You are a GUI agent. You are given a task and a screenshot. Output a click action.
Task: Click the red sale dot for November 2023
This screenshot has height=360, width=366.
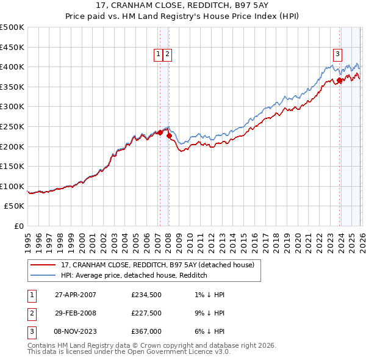[339, 80]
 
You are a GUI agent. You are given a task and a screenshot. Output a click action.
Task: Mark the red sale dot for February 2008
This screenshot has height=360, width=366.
[169, 135]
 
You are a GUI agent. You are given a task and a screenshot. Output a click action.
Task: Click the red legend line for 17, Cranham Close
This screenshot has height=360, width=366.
[43, 265]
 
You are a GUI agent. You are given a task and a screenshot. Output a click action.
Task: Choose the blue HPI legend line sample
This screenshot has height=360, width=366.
[43, 275]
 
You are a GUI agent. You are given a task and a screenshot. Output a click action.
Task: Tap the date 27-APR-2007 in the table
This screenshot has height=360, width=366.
[76, 295]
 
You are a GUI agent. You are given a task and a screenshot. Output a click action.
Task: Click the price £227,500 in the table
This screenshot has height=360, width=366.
[146, 313]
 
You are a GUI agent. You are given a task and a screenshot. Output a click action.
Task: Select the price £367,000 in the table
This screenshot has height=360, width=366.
[146, 331]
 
